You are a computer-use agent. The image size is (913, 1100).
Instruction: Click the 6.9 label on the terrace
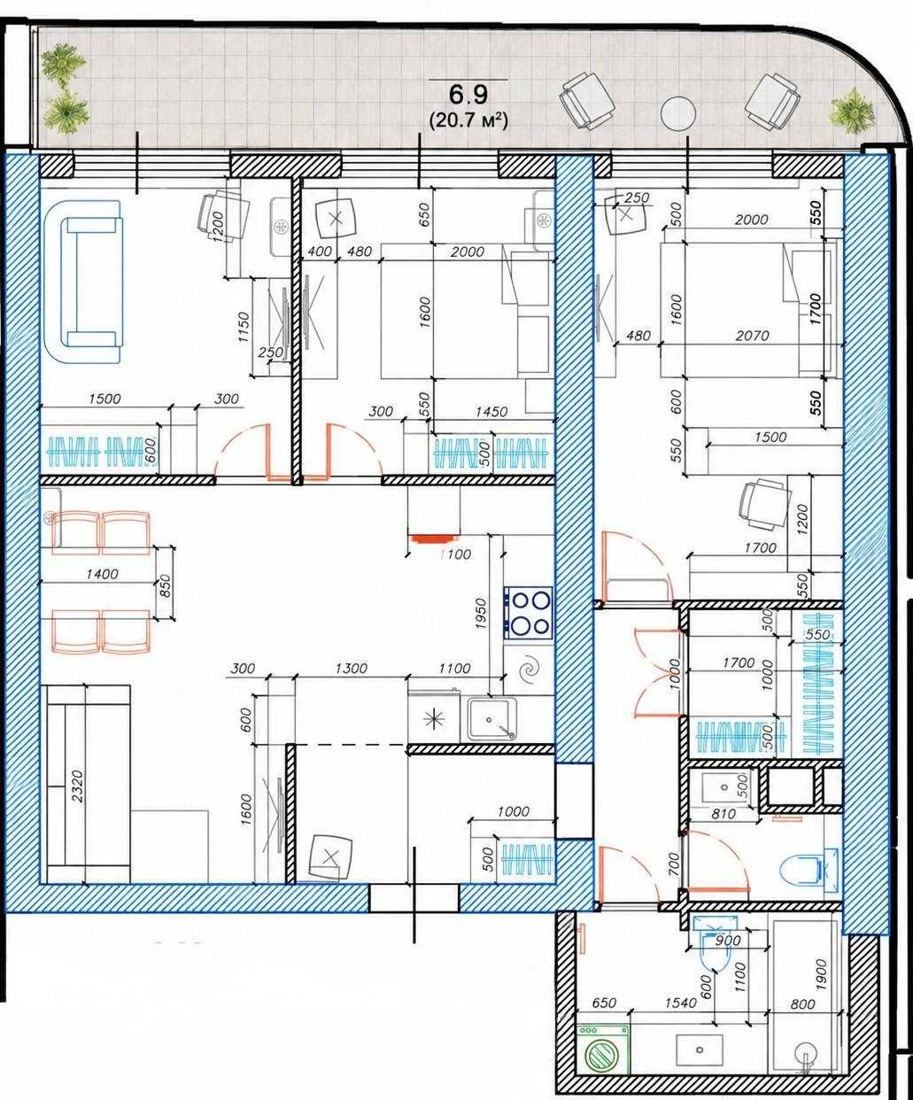point(468,94)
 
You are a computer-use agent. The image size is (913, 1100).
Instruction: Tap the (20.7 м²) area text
point(468,120)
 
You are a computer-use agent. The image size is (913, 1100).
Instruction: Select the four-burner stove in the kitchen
point(528,613)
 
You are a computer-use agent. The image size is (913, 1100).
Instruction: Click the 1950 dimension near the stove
point(481,613)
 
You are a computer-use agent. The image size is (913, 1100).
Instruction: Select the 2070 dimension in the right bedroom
point(753,335)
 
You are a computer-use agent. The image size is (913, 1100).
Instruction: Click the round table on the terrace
point(678,112)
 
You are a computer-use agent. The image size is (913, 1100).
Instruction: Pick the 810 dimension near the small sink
point(723,814)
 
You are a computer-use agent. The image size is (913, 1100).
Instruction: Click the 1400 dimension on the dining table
point(102,573)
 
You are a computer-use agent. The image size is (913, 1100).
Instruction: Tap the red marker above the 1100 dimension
point(432,538)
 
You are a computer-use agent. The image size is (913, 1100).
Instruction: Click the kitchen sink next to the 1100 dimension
point(491,719)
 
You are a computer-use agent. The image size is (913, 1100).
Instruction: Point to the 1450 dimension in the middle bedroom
point(491,412)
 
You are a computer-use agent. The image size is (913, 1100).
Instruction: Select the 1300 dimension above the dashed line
point(352,668)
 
